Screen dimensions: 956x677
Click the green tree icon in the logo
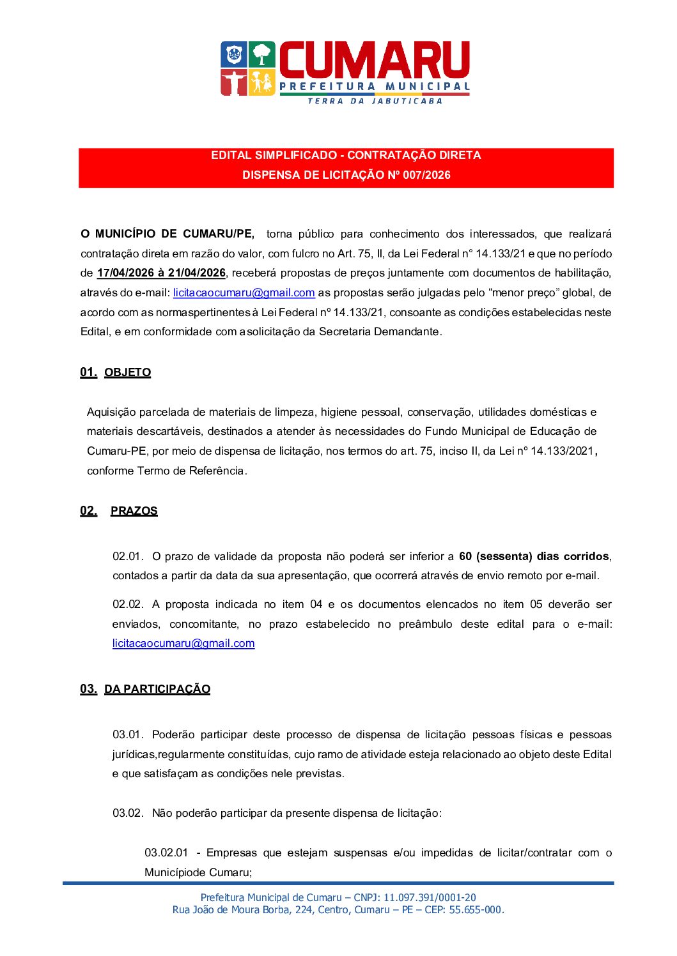pyautogui.click(x=261, y=54)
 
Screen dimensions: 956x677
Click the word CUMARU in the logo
pyautogui.click(x=375, y=60)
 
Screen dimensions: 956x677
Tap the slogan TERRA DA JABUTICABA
pyautogui.click(x=375, y=101)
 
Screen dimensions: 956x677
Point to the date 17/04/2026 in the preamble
pyautogui.click(x=125, y=273)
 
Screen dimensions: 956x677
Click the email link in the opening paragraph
pyautogui.click(x=244, y=293)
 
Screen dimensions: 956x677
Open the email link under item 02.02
pyautogui.click(x=183, y=644)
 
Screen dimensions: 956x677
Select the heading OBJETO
pyautogui.click(x=128, y=373)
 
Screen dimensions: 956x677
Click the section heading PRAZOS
pyautogui.click(x=134, y=511)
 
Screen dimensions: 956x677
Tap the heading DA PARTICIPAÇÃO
pyautogui.click(x=157, y=689)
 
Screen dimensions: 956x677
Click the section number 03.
pyautogui.click(x=88, y=689)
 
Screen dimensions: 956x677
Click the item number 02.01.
pyautogui.click(x=128, y=556)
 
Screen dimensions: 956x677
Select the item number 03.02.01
pyautogui.click(x=166, y=853)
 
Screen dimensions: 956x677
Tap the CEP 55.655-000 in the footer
pyautogui.click(x=476, y=910)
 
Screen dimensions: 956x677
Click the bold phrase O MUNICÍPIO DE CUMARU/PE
pyautogui.click(x=167, y=234)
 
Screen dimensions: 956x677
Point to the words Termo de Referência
pyautogui.click(x=191, y=471)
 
